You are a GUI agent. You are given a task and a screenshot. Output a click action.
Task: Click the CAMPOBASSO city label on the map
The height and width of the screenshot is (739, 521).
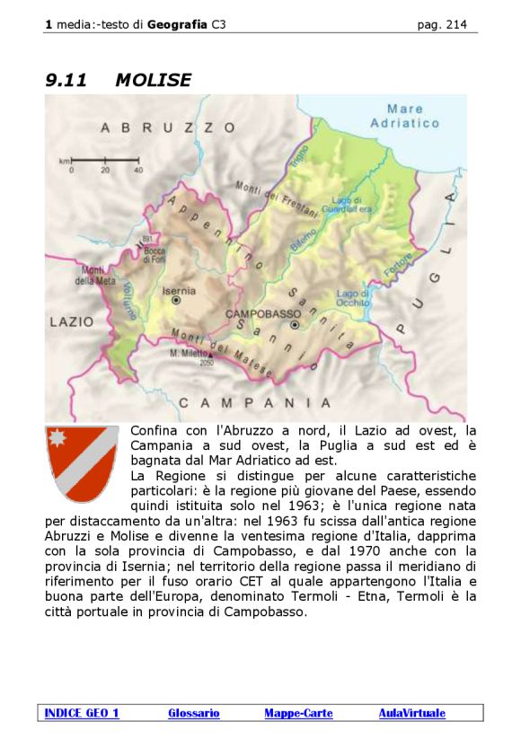click(x=262, y=313)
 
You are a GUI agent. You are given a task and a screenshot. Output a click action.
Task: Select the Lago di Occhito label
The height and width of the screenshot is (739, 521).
click(x=352, y=298)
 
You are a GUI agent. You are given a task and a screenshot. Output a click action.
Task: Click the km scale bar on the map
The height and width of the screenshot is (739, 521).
click(x=104, y=162)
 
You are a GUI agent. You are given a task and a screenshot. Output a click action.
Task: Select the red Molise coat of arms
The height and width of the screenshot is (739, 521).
click(x=82, y=462)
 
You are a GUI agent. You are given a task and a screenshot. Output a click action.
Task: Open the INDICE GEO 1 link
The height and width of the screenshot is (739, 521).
click(x=82, y=713)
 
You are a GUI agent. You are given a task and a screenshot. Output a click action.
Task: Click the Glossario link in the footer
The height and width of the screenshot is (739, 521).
click(x=193, y=713)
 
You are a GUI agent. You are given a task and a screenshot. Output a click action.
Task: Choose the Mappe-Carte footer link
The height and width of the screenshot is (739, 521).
click(x=298, y=713)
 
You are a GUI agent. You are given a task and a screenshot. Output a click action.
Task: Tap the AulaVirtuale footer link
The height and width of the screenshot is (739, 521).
click(x=411, y=713)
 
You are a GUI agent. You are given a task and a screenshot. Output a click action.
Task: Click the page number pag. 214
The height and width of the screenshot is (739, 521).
click(x=442, y=25)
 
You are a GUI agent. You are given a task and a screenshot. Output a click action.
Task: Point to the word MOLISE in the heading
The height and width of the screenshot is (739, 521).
click(x=153, y=80)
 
